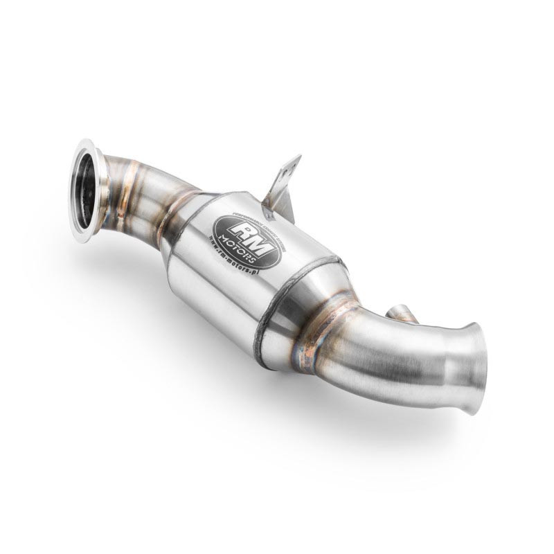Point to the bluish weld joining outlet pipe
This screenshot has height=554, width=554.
pyautogui.click(x=312, y=339)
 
